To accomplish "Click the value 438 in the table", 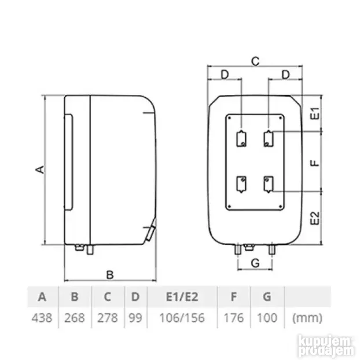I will tap(42, 318).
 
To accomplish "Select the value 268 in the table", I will tap(75, 318).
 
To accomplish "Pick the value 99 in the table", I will tap(135, 318).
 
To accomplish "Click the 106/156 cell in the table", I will tap(182, 318).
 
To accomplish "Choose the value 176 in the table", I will tap(233, 318).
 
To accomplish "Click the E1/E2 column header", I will tap(182, 297).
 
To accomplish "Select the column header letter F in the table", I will tap(233, 297).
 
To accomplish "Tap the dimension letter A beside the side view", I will tap(39, 169).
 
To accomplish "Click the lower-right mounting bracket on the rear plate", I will tap(268, 185).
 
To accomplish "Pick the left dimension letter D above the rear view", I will tap(224, 75).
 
